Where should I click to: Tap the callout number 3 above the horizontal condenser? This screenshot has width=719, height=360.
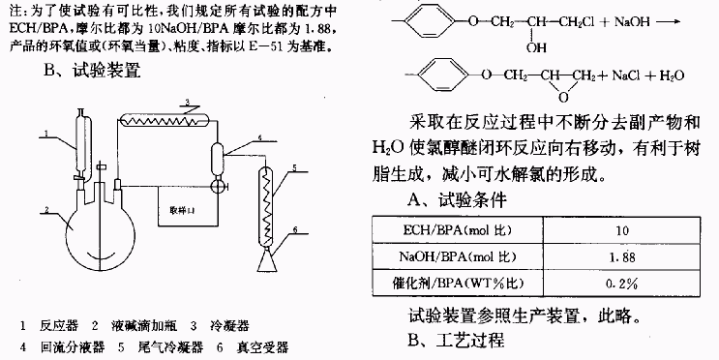187,101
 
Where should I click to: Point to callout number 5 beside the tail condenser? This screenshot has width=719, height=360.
294,167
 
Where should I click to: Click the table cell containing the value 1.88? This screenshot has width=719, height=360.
622,256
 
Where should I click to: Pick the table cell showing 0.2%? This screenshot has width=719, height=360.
622,284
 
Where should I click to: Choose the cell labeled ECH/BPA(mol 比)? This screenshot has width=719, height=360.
458,230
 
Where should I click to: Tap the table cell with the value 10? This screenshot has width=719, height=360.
622,230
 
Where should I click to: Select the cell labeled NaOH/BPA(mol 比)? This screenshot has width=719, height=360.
458,256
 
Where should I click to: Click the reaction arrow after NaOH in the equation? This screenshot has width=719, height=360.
668,21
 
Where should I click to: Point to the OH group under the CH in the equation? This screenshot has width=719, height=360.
536,47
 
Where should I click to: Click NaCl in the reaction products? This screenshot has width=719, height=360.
626,75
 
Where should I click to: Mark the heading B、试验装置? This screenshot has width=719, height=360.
92,71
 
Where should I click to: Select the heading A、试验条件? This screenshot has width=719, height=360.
457,200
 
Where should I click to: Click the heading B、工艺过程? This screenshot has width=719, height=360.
456,340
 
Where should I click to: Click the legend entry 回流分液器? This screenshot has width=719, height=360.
73,347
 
